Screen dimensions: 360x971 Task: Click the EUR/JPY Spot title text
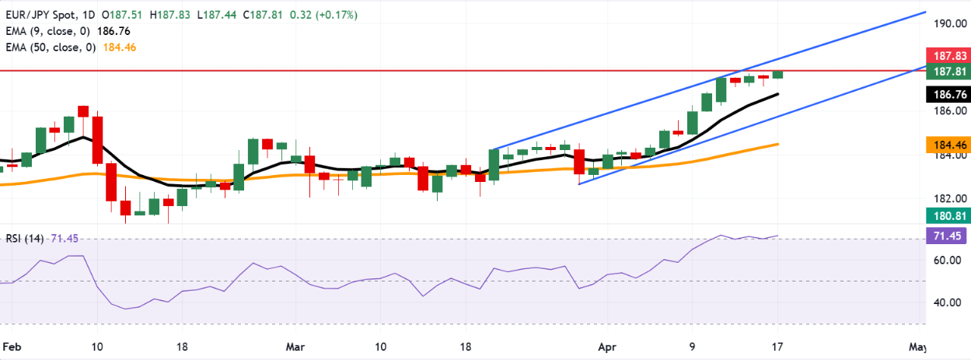pyautogui.click(x=37, y=15)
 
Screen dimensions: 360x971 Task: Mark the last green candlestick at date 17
pyautogui.click(x=777, y=74)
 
